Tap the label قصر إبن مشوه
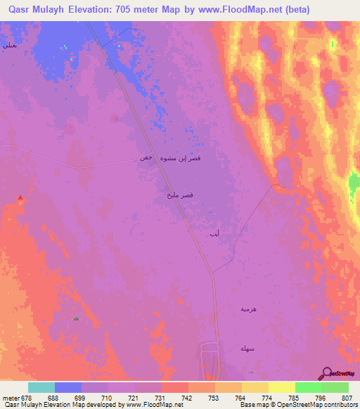pyautogui.click(x=181, y=159)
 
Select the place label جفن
pyautogui.click(x=146, y=157)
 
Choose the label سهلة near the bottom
pyautogui.click(x=245, y=349)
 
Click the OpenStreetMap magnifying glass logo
pyautogui.click(x=328, y=373)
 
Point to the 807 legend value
pyautogui.click(x=347, y=397)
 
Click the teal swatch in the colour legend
pyautogui.click(x=41, y=387)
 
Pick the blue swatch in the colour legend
pyautogui.click(x=68, y=387)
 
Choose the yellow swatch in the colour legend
pyautogui.click(x=281, y=387)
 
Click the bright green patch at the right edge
pyautogui.click(x=354, y=185)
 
